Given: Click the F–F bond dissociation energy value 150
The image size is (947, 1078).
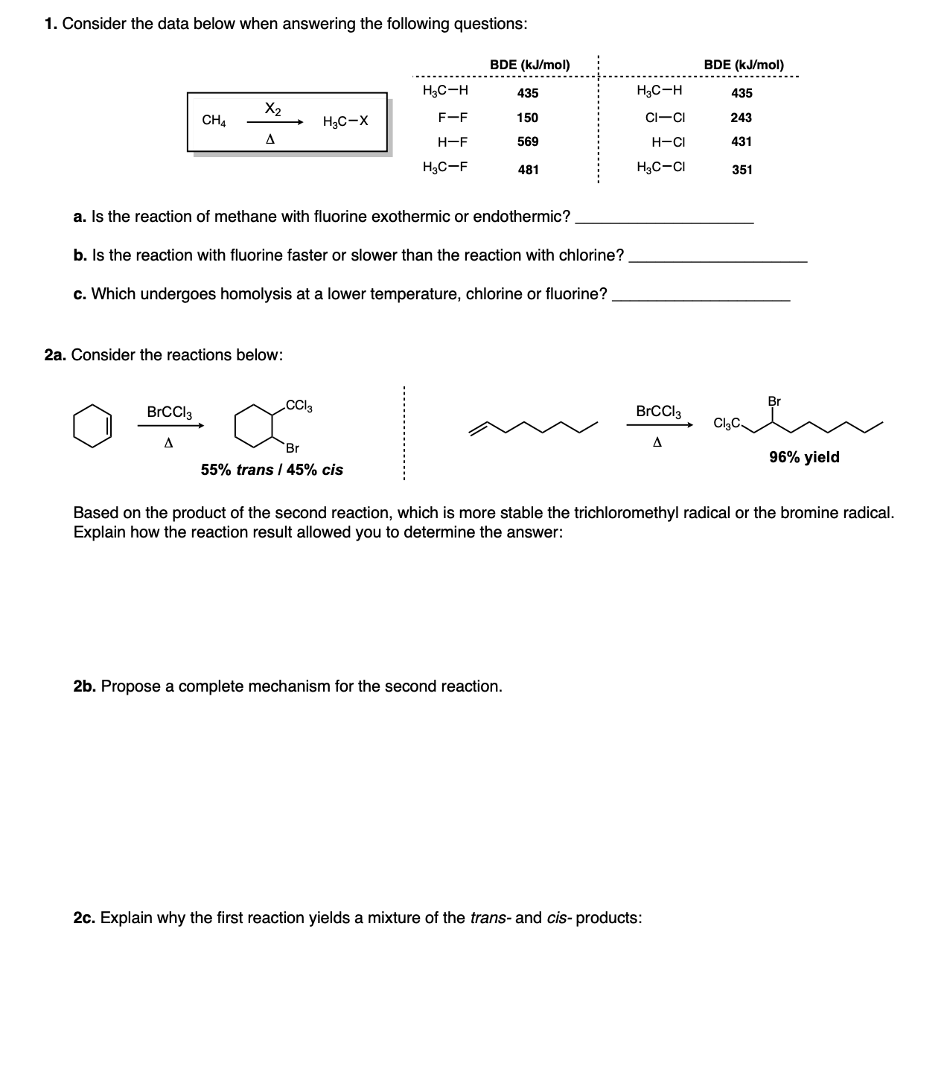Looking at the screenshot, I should pyautogui.click(x=527, y=118).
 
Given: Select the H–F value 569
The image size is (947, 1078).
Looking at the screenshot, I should pyautogui.click(x=527, y=141).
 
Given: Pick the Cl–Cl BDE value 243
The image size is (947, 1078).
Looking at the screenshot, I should pyautogui.click(x=741, y=118).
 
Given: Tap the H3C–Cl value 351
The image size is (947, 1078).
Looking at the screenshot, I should pyautogui.click(x=742, y=170).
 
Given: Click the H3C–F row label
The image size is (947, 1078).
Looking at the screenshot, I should pyautogui.click(x=444, y=167).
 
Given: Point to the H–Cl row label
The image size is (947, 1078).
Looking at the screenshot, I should pyautogui.click(x=668, y=142).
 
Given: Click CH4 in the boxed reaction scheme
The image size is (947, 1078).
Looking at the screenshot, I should pyautogui.click(x=214, y=121).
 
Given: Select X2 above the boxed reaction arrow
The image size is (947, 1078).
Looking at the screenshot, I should pyautogui.click(x=272, y=109).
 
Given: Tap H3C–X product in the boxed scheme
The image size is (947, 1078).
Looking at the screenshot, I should pyautogui.click(x=345, y=121).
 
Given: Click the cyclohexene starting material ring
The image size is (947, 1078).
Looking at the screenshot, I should pyautogui.click(x=92, y=426).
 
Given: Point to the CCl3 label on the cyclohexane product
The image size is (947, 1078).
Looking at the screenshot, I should pyautogui.click(x=299, y=406).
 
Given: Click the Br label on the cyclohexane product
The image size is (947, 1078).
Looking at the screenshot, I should pyautogui.click(x=293, y=448).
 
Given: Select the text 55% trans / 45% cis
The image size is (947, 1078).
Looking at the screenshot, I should pyautogui.click(x=272, y=470).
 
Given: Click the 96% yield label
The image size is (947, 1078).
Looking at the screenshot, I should pyautogui.click(x=804, y=457).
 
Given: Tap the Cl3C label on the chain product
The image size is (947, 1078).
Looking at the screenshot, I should pyautogui.click(x=727, y=424).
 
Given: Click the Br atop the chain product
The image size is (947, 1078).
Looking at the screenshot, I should pyautogui.click(x=774, y=401).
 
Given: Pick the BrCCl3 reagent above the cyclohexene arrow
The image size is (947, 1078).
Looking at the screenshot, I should pyautogui.click(x=169, y=412).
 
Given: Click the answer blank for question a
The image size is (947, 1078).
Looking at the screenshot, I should pyautogui.click(x=665, y=217).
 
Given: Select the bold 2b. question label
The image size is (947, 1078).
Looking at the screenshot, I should pyautogui.click(x=85, y=686).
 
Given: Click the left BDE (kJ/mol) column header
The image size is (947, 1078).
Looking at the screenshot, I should pyautogui.click(x=529, y=65).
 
